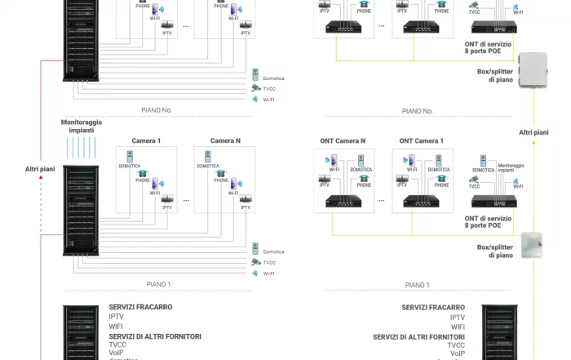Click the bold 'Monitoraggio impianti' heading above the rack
click(82, 126)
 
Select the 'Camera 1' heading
click(147, 140)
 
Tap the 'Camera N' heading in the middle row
click(225, 140)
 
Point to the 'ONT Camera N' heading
click(343, 140)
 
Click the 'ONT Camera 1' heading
click(422, 140)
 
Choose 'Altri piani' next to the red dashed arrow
click(40, 170)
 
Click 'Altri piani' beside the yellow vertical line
click(534, 132)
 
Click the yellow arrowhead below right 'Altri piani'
click(534, 143)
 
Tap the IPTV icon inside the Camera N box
click(246, 200)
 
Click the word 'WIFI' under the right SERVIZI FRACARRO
click(458, 327)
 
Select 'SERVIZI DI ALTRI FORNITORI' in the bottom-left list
click(155, 336)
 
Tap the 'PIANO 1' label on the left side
click(158, 284)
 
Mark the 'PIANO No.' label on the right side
click(417, 110)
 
